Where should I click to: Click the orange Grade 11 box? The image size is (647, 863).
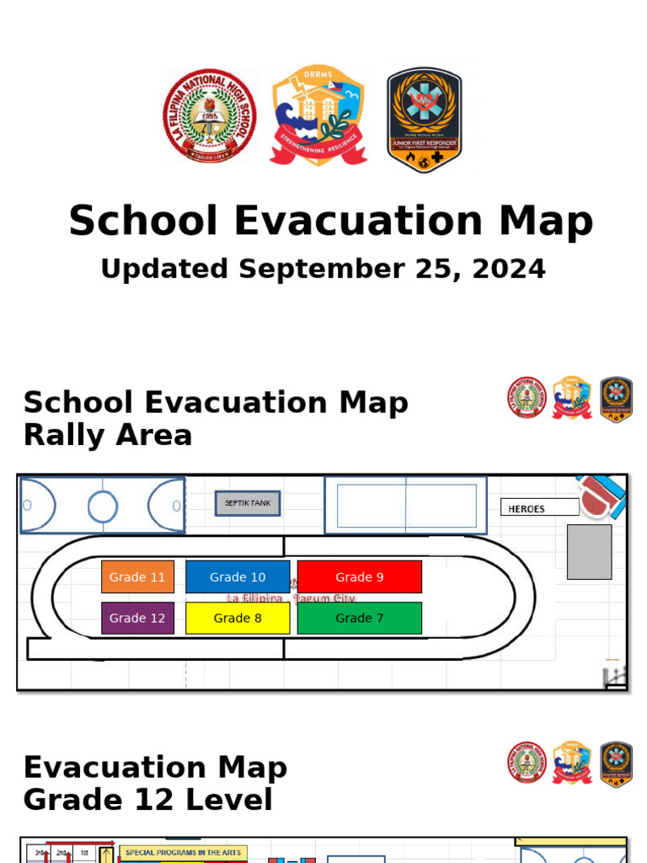[x=137, y=577]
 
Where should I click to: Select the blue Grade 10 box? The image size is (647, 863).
[x=238, y=577]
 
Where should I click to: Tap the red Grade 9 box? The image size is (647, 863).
[x=359, y=577]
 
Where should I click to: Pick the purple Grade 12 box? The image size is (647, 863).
[x=137, y=618]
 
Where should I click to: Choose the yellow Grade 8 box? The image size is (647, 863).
[x=238, y=618]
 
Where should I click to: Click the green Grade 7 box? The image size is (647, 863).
[x=359, y=618]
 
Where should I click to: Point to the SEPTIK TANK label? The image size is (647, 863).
[x=248, y=504]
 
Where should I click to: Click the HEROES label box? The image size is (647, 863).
[x=539, y=508]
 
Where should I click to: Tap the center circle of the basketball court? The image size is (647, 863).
[x=103, y=507]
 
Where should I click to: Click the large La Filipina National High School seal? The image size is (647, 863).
[x=209, y=117]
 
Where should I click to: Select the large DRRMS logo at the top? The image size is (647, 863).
[x=318, y=115]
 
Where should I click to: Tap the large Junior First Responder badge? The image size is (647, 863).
[x=424, y=119]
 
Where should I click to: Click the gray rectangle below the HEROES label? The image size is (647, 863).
[x=589, y=552]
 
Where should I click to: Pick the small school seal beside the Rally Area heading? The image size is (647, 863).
[x=527, y=399]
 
